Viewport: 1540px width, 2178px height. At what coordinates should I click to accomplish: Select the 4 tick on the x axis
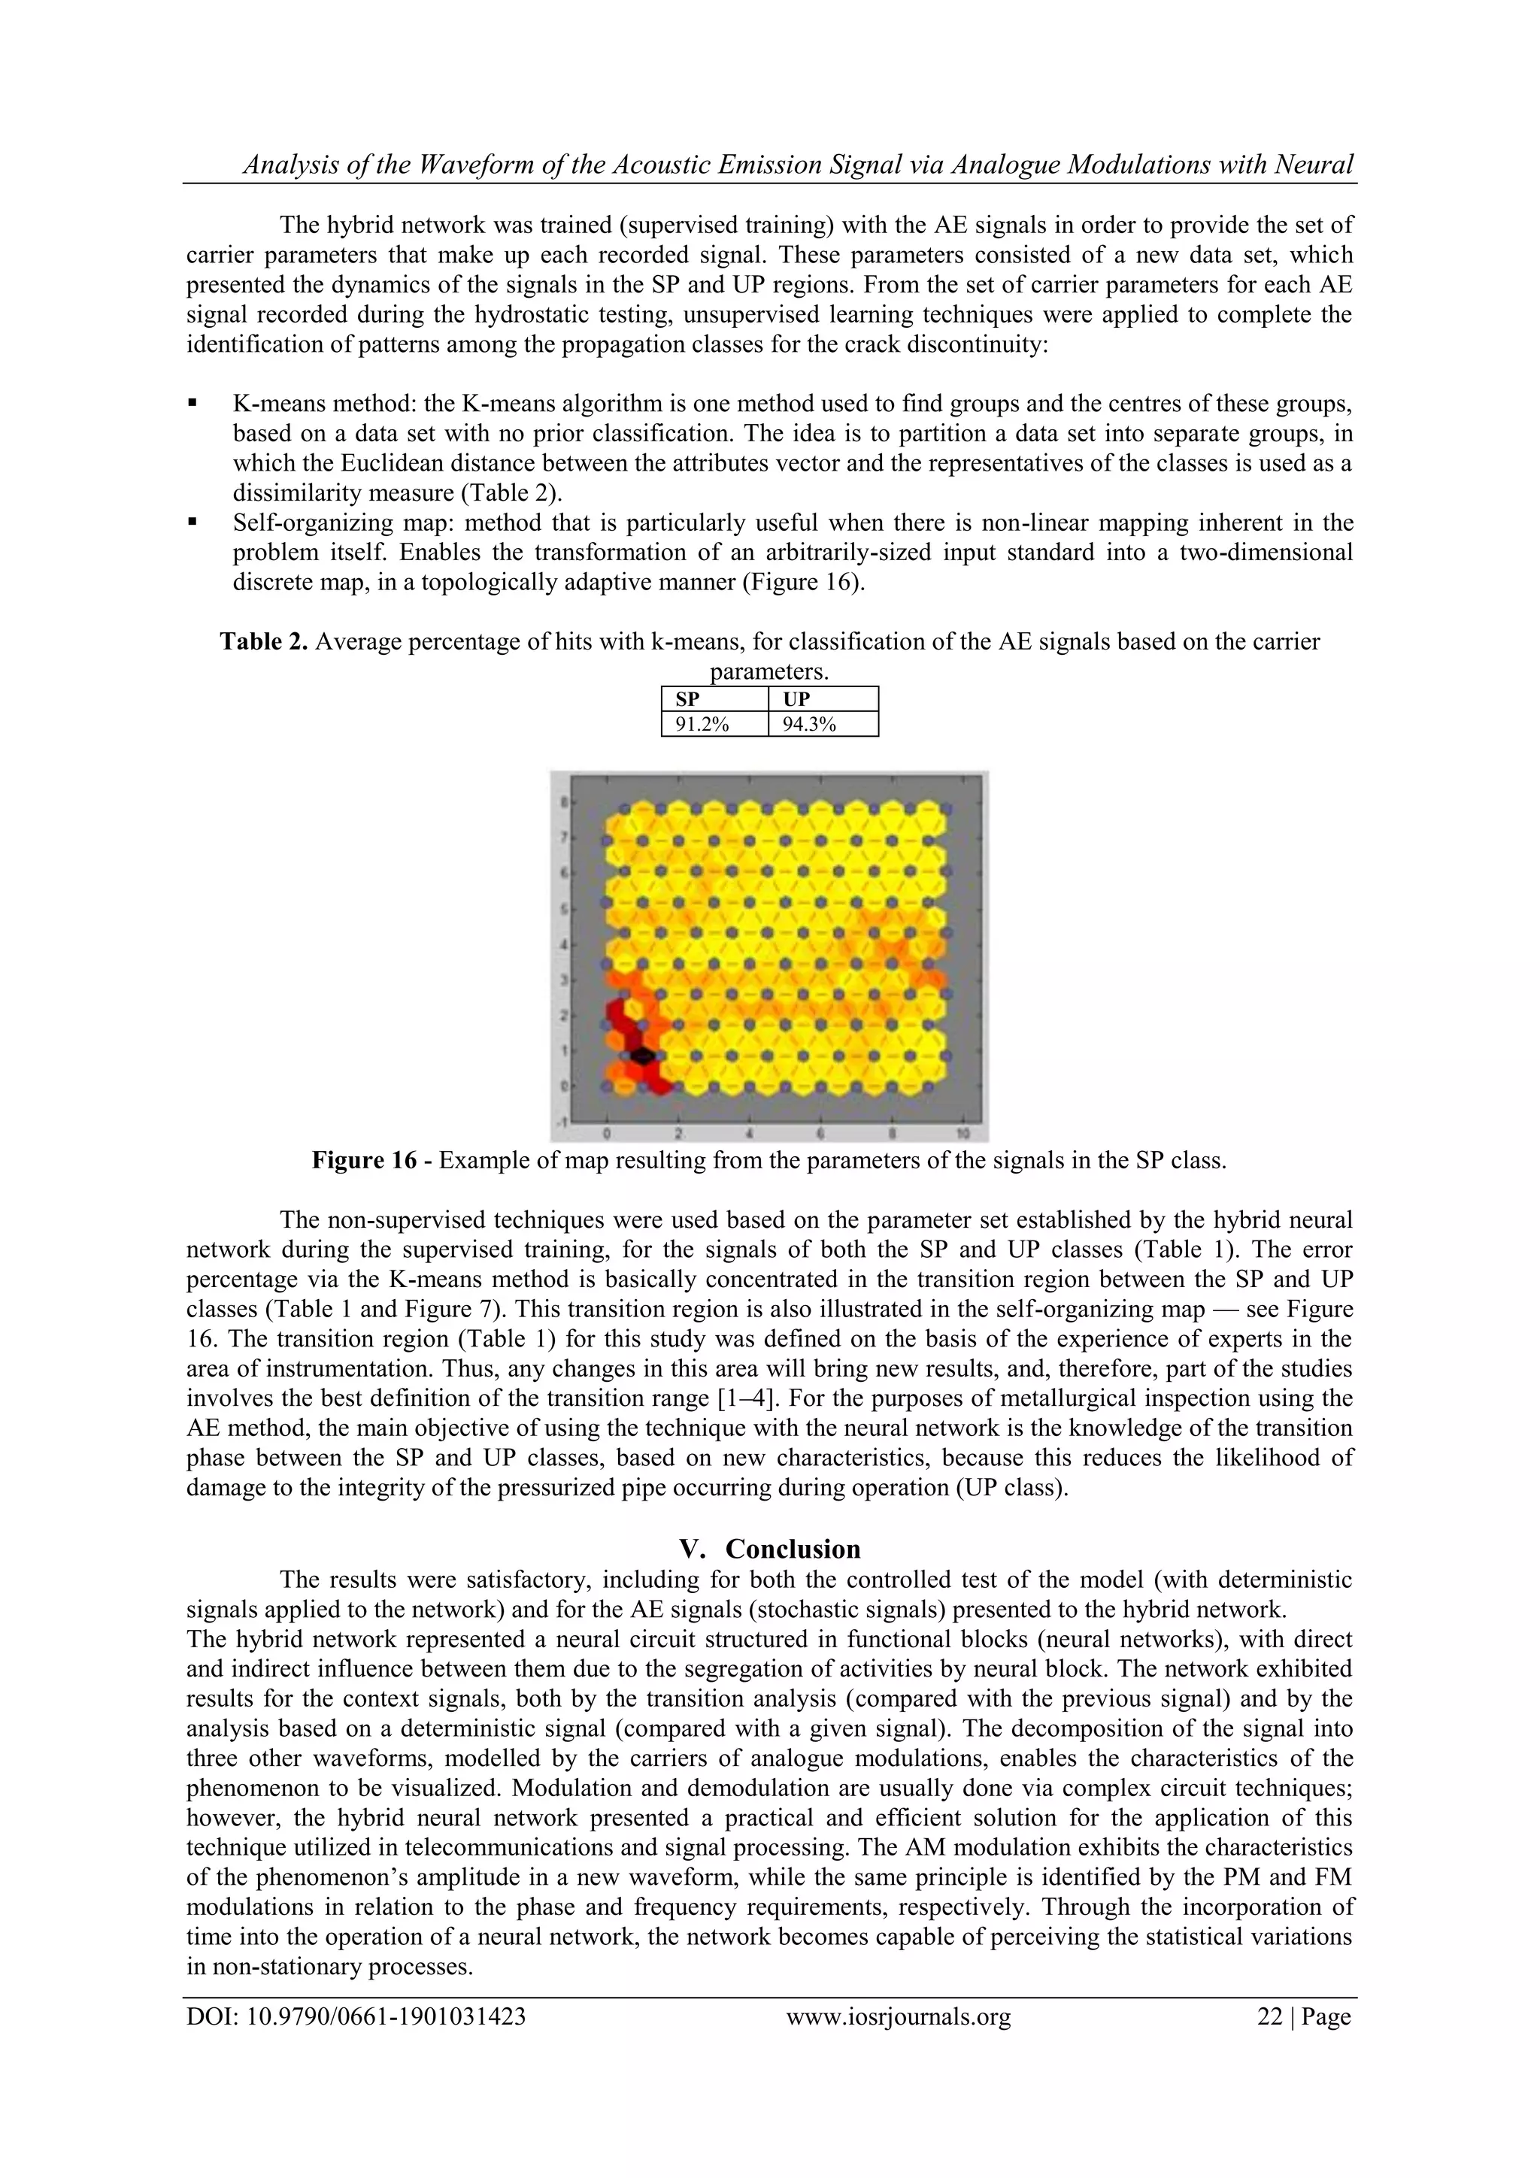(x=750, y=1134)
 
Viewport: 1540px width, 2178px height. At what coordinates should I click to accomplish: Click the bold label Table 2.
(x=264, y=642)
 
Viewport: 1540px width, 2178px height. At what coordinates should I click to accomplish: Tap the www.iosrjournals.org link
(x=899, y=2016)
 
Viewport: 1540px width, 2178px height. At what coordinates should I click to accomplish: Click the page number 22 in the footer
(x=1269, y=2016)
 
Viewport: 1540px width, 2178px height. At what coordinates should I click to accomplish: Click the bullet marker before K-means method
(x=192, y=403)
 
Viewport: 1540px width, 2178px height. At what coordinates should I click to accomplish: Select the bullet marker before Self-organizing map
(x=192, y=522)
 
